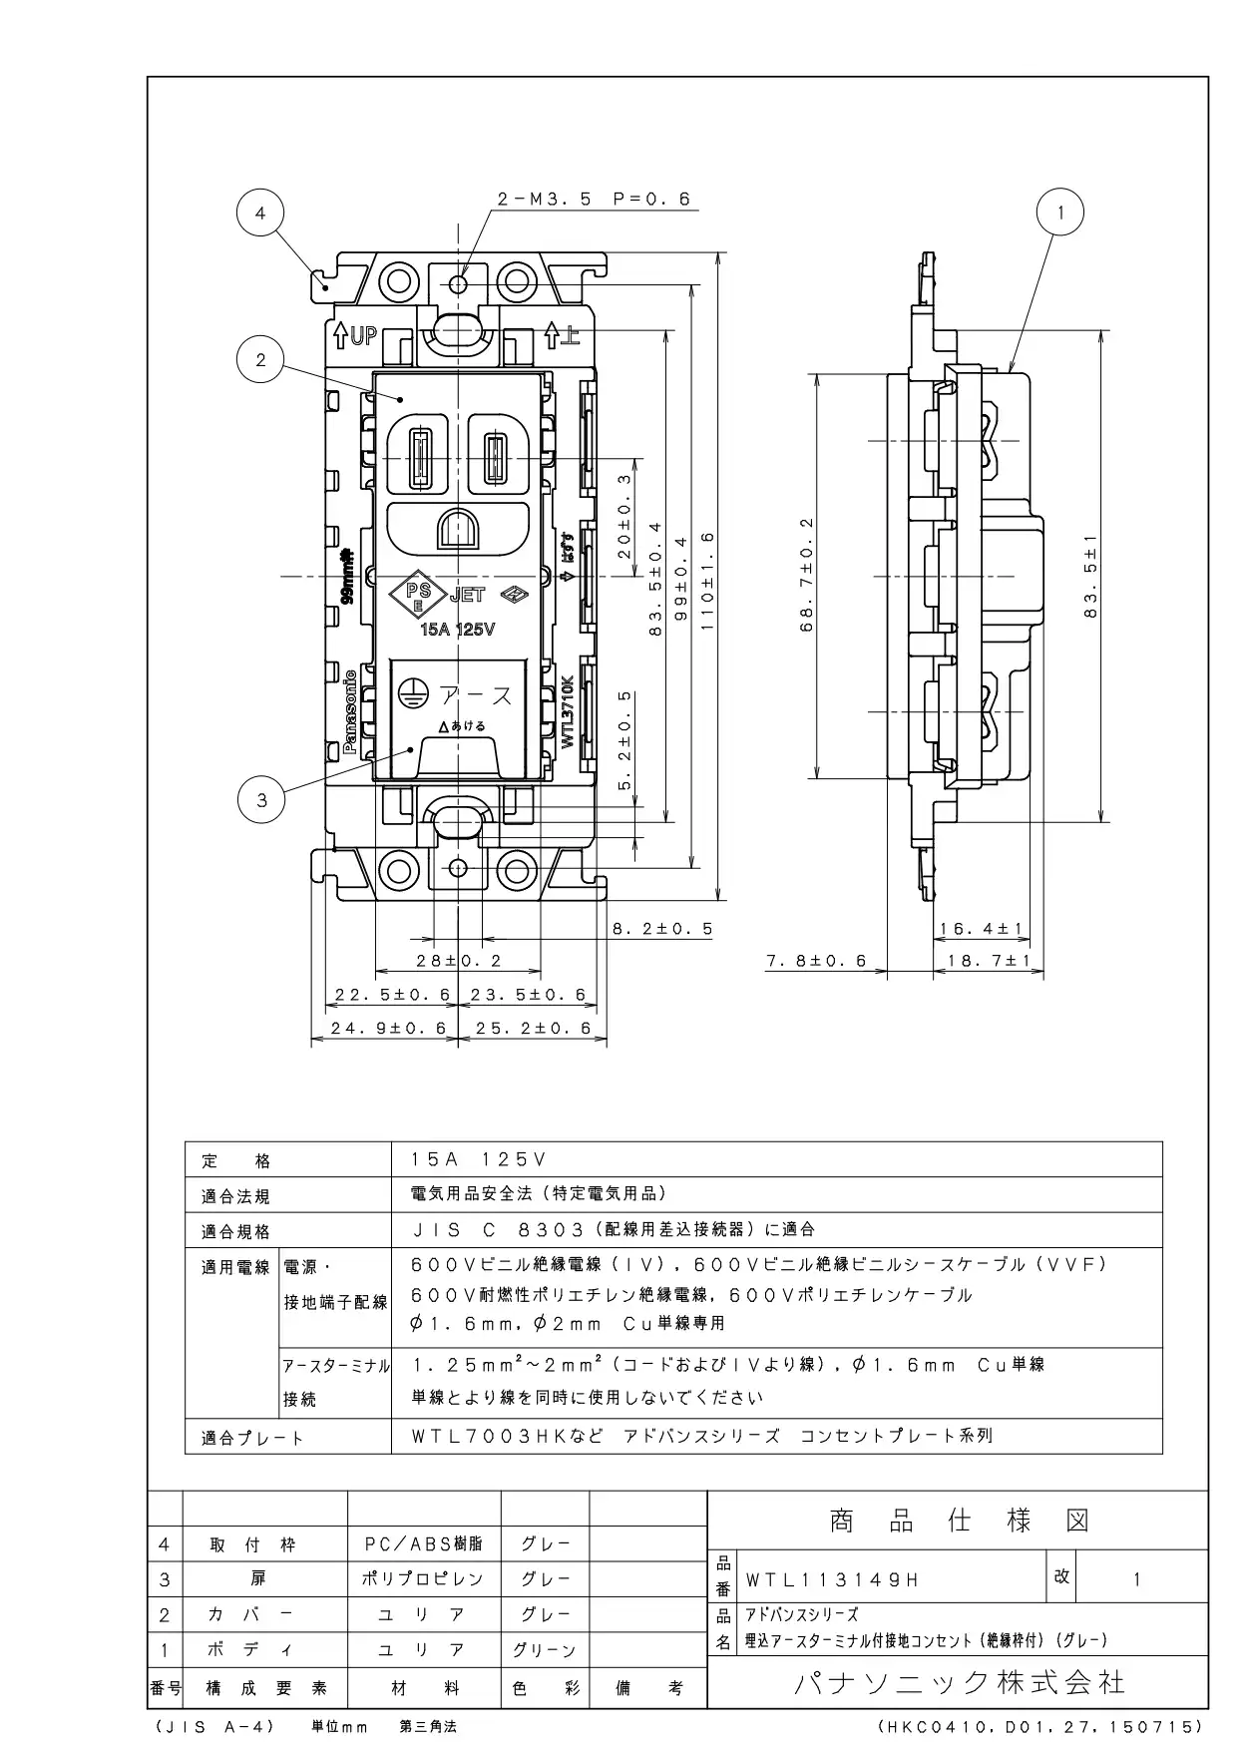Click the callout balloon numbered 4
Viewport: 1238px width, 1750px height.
coord(260,213)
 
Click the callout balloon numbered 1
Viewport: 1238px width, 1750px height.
coord(1060,213)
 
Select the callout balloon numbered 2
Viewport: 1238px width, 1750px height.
coord(260,360)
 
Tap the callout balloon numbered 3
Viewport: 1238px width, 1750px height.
coord(261,799)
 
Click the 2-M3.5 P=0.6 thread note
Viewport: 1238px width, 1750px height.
coord(594,199)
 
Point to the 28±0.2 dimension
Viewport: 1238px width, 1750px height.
coord(460,961)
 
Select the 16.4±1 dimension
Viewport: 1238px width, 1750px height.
coord(982,929)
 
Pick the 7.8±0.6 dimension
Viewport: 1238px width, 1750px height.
coord(816,961)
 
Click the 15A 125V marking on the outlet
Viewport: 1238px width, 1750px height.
coord(459,630)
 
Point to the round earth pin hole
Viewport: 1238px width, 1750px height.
coord(459,530)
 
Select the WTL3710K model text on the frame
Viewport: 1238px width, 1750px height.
coord(567,711)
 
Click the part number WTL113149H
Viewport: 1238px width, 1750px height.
coord(832,1580)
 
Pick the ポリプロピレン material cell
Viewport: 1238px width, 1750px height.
coord(423,1579)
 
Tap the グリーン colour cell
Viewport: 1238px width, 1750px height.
coord(545,1650)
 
